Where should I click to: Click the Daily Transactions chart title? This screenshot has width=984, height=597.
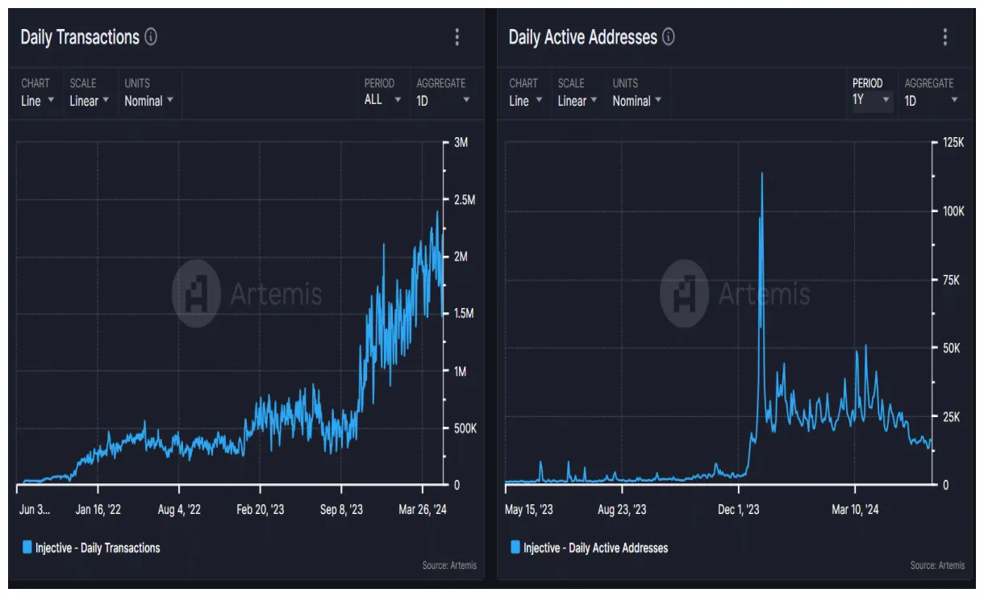pyautogui.click(x=79, y=37)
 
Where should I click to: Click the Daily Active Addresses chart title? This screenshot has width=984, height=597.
pyautogui.click(x=582, y=37)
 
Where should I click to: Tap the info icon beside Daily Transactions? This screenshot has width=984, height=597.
pyautogui.click(x=151, y=37)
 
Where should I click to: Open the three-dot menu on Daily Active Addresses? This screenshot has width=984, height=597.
pyautogui.click(x=944, y=37)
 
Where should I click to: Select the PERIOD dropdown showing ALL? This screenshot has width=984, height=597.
pyautogui.click(x=382, y=100)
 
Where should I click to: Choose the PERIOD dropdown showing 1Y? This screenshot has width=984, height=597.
pyautogui.click(x=871, y=100)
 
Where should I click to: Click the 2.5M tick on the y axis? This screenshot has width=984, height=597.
pyautogui.click(x=463, y=200)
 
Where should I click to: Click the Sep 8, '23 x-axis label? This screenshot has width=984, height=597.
pyautogui.click(x=341, y=510)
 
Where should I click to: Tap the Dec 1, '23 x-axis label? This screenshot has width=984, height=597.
pyautogui.click(x=739, y=510)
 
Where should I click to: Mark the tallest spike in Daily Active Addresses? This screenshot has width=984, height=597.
pyautogui.click(x=761, y=173)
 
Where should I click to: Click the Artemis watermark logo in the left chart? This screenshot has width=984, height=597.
pyautogui.click(x=196, y=293)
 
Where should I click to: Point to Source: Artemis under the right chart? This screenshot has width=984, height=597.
pyautogui.click(x=937, y=566)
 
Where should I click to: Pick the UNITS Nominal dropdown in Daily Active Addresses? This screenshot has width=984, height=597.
pyautogui.click(x=636, y=100)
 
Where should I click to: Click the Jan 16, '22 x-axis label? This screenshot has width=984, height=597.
pyautogui.click(x=98, y=510)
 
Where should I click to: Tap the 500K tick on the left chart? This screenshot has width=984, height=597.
pyautogui.click(x=463, y=428)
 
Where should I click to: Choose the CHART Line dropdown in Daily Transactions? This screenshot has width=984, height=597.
pyautogui.click(x=37, y=100)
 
